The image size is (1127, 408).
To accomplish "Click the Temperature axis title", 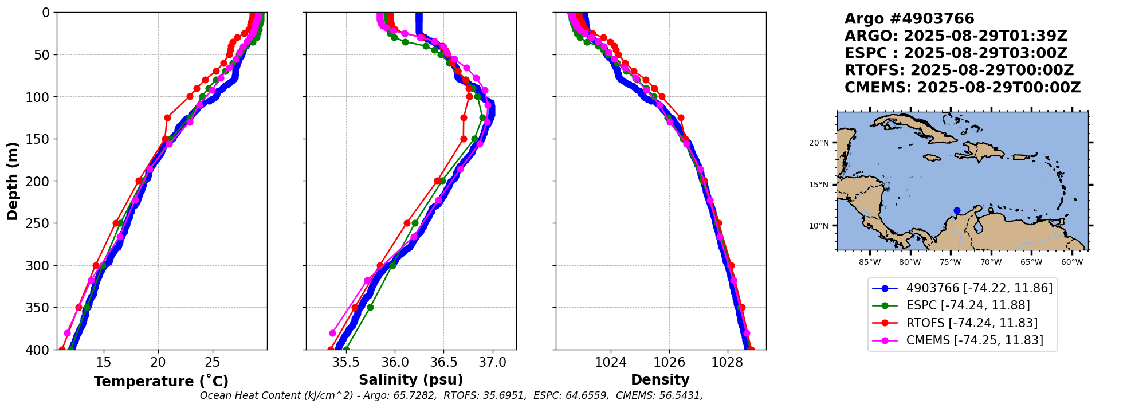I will coord(161,381).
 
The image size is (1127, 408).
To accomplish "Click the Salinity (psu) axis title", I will coord(411,379).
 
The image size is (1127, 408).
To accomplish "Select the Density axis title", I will coord(660,379).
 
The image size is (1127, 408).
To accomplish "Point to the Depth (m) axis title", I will coord(13,181).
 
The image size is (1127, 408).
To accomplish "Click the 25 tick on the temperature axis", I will coord(213,362).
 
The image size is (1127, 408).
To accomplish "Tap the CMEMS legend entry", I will coord(975,340).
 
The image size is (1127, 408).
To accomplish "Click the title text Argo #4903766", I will coord(909,19).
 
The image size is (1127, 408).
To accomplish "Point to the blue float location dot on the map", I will coord(957,211).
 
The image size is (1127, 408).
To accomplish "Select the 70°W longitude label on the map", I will coord(991,262).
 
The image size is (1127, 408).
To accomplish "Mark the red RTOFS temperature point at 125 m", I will coord(167,117).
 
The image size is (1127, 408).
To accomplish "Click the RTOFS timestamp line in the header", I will coord(959,70).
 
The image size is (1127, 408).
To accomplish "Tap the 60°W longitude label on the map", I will coord(1071,262).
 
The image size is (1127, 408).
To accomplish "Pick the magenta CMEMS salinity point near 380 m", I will coord(332,333).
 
